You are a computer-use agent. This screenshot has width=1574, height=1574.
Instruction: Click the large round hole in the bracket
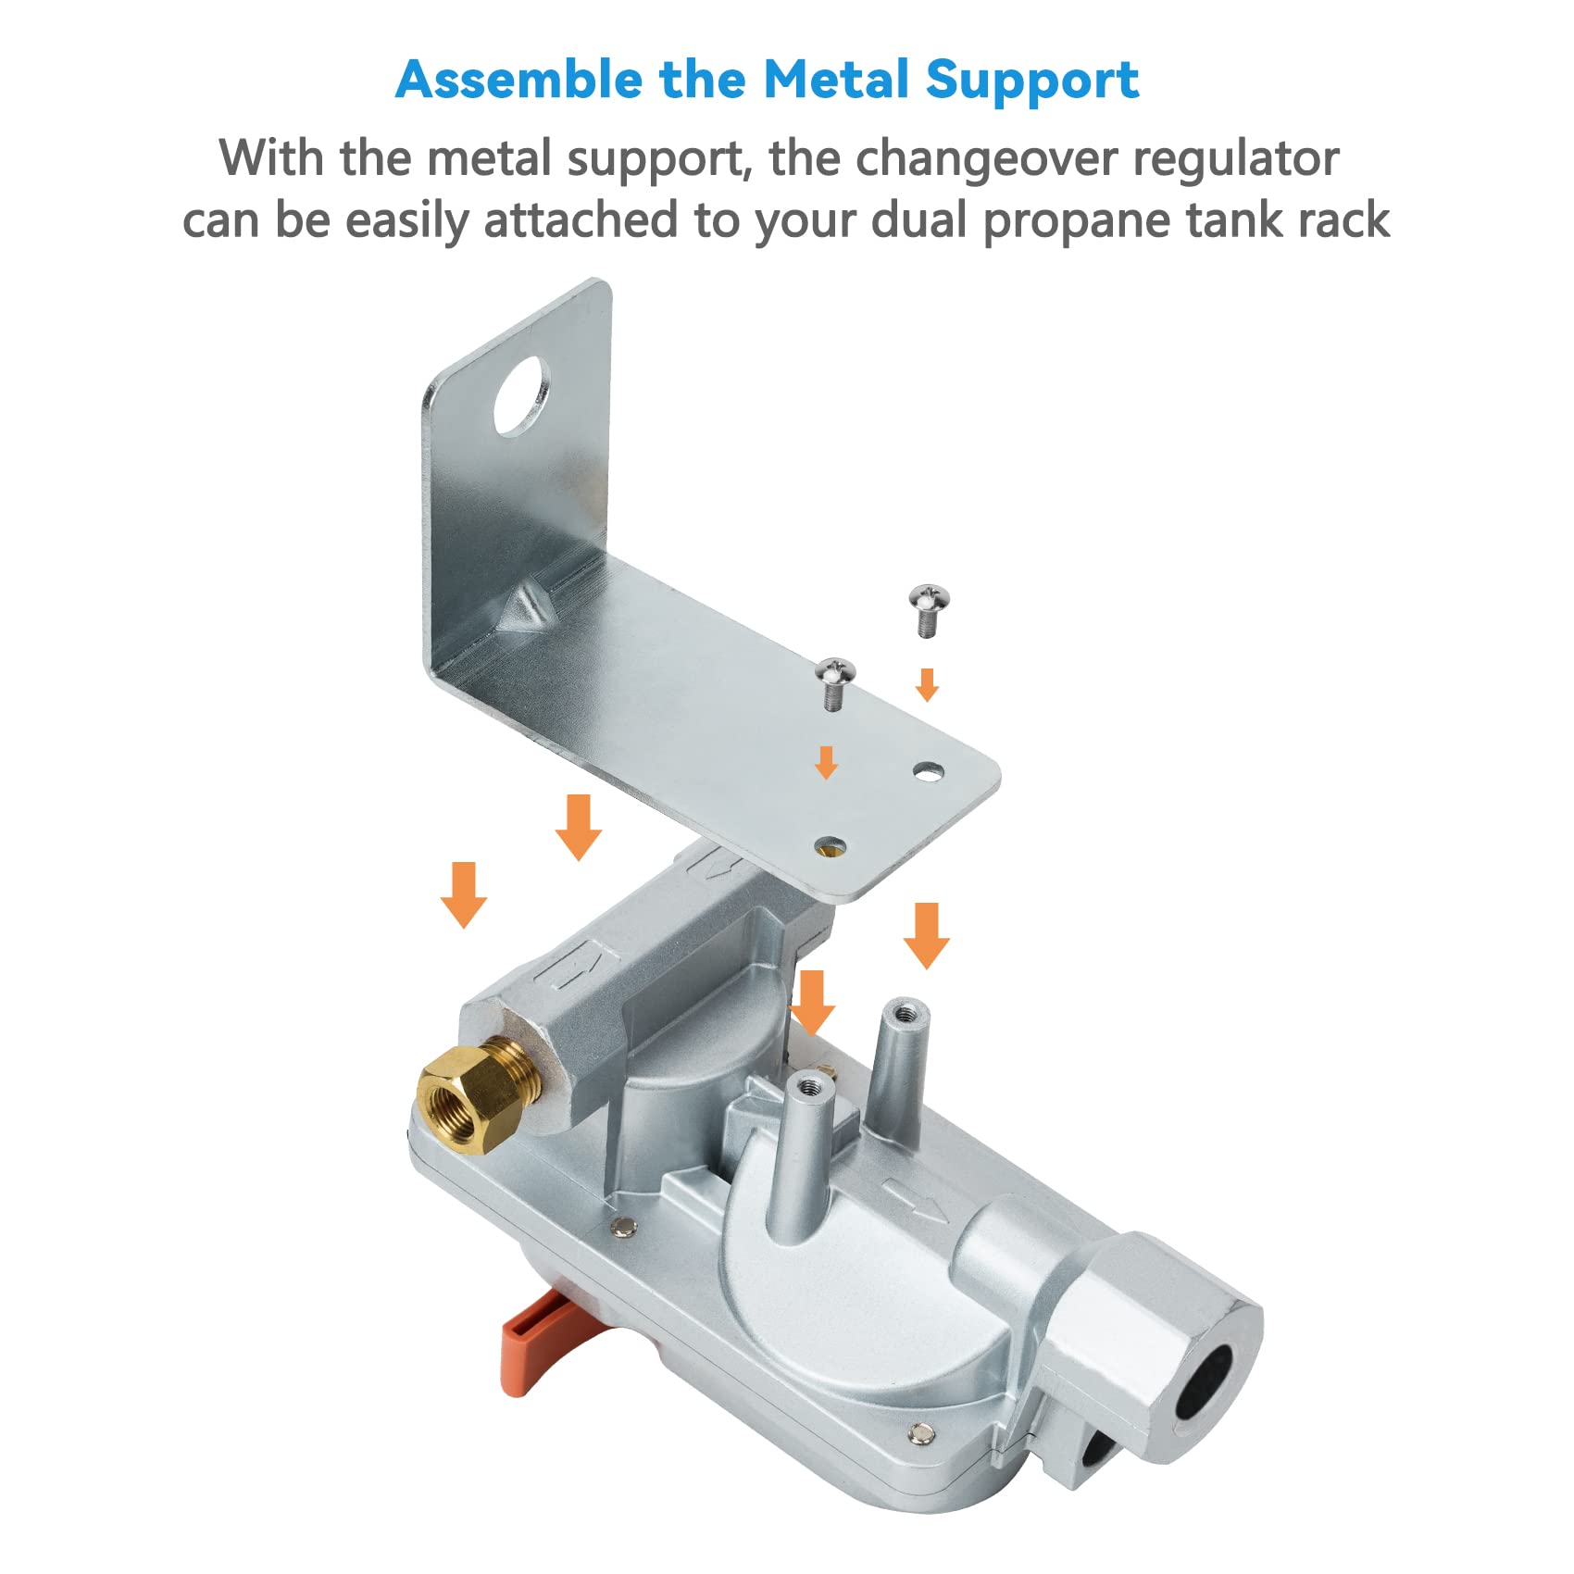(521, 395)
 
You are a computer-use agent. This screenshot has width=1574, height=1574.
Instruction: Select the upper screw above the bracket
(929, 609)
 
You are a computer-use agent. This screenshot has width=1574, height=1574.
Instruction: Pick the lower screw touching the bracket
(834, 682)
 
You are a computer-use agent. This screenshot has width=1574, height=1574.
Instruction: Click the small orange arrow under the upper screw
(927, 685)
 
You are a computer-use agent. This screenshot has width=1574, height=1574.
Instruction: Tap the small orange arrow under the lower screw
(826, 762)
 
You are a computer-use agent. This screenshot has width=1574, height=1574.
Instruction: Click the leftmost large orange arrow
(464, 894)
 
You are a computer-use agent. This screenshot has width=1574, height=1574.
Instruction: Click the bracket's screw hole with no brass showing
(929, 770)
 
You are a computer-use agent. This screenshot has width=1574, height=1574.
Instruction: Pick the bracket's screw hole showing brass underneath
(830, 844)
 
